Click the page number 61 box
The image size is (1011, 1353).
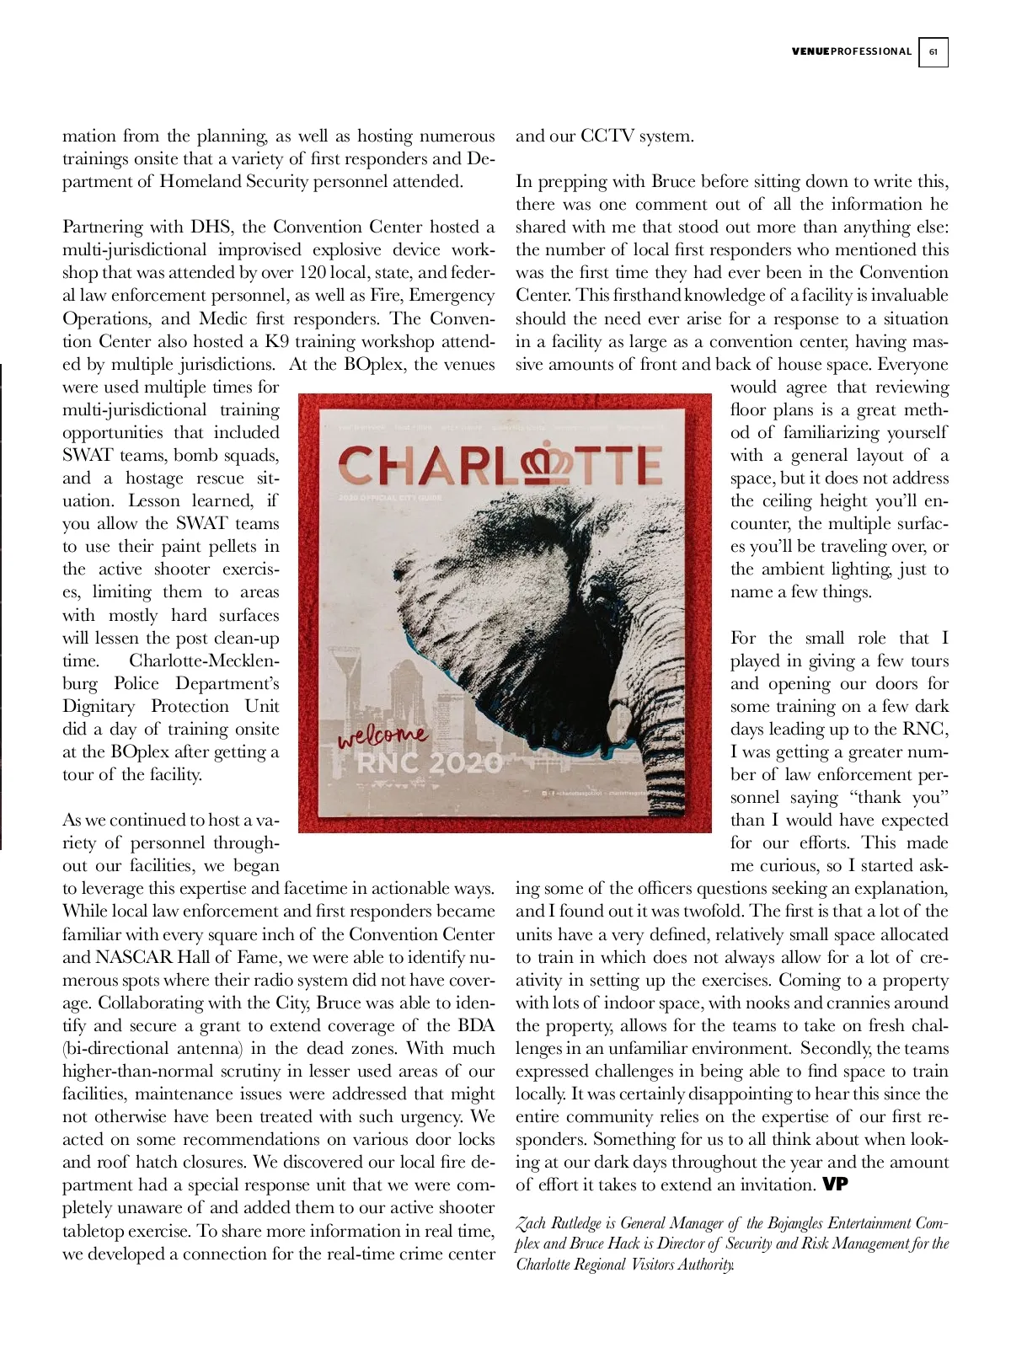[x=933, y=52]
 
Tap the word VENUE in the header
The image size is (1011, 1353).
[x=810, y=52]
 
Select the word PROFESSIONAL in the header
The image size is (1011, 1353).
[x=871, y=52]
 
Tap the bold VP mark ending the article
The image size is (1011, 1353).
[x=835, y=1185]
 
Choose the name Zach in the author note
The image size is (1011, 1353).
[x=532, y=1223]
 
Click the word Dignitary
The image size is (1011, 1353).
[x=99, y=707]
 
